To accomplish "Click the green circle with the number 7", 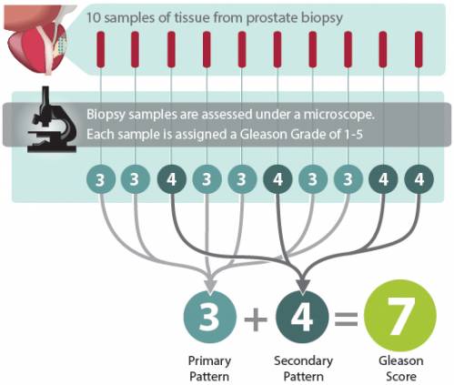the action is click(400, 316).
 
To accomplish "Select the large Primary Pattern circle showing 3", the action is click(210, 318).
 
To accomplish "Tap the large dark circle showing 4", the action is click(302, 318).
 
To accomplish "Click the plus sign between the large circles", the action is click(256, 319).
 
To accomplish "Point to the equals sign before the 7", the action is click(346, 319).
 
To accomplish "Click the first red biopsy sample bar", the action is click(100, 49).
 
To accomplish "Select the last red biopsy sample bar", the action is click(419, 49).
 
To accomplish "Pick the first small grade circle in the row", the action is click(100, 180).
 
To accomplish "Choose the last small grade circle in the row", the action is click(419, 180).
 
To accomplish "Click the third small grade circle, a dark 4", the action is click(171, 180).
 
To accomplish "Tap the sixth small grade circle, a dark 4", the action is click(277, 180).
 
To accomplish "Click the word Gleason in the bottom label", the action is click(401, 361).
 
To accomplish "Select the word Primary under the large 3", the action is click(209, 361).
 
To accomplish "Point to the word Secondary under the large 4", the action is click(303, 361).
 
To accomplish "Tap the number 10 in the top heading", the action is click(94, 17).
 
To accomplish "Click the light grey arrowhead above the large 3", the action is click(210, 285).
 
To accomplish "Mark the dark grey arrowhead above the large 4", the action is click(303, 287).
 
